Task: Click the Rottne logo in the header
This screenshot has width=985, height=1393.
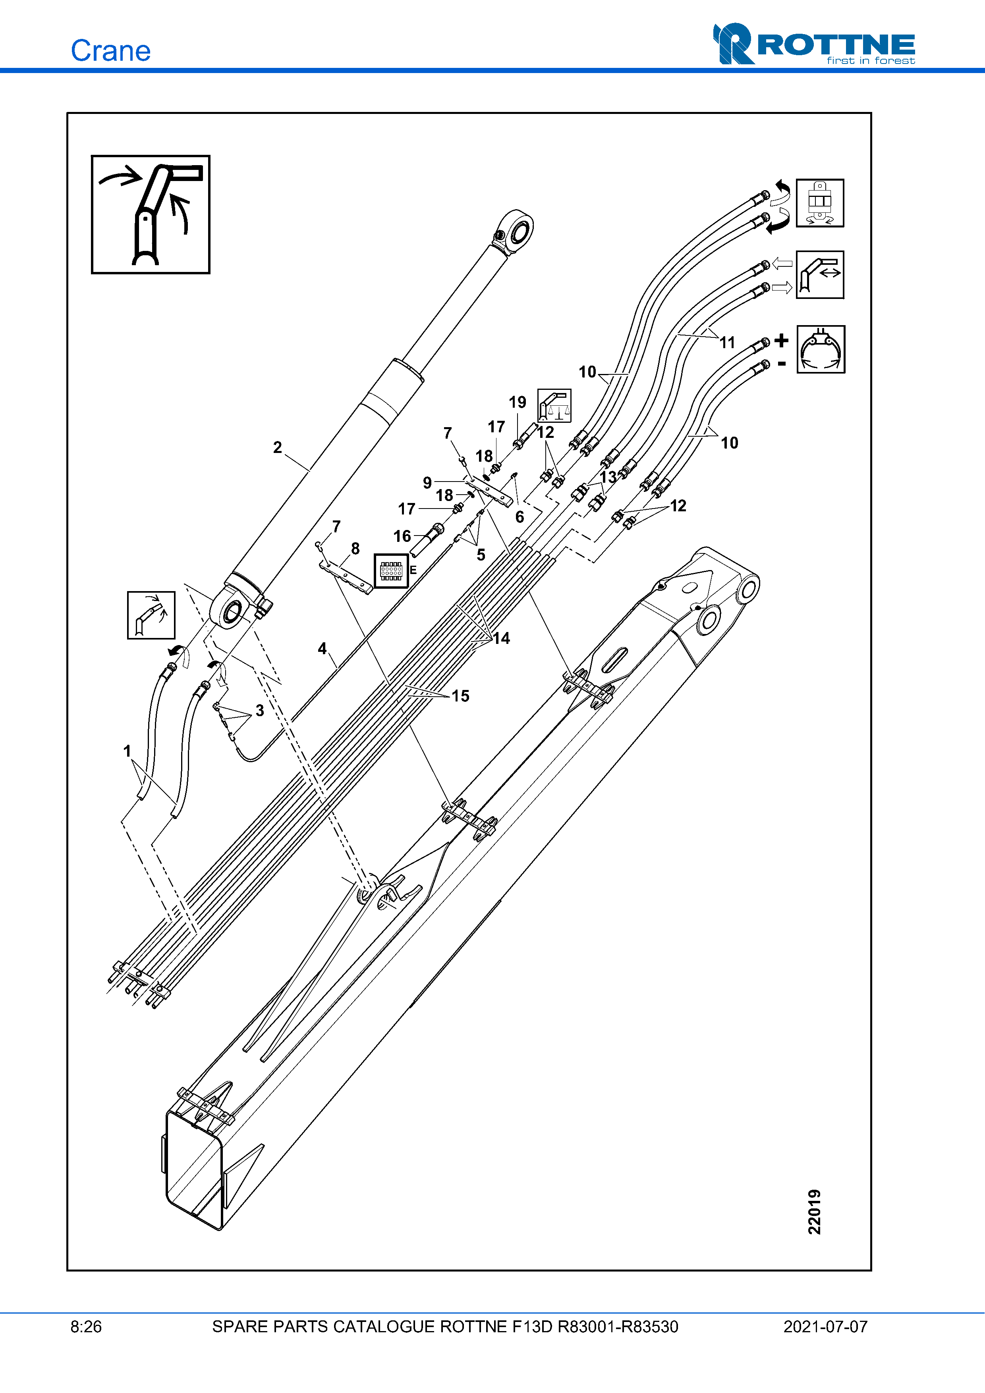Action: [814, 44]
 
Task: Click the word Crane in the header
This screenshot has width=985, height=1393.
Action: [110, 51]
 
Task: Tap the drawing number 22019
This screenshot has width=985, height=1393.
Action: [814, 1212]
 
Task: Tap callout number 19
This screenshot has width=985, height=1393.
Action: [517, 402]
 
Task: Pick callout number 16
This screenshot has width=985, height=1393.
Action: [402, 536]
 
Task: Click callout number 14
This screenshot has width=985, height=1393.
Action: [501, 638]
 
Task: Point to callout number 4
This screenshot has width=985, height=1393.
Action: [322, 649]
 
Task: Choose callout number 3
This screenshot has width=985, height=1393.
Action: [260, 711]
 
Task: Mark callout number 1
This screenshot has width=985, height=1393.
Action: [127, 751]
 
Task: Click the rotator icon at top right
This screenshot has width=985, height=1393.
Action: [820, 202]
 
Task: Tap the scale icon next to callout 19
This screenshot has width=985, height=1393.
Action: [554, 406]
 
